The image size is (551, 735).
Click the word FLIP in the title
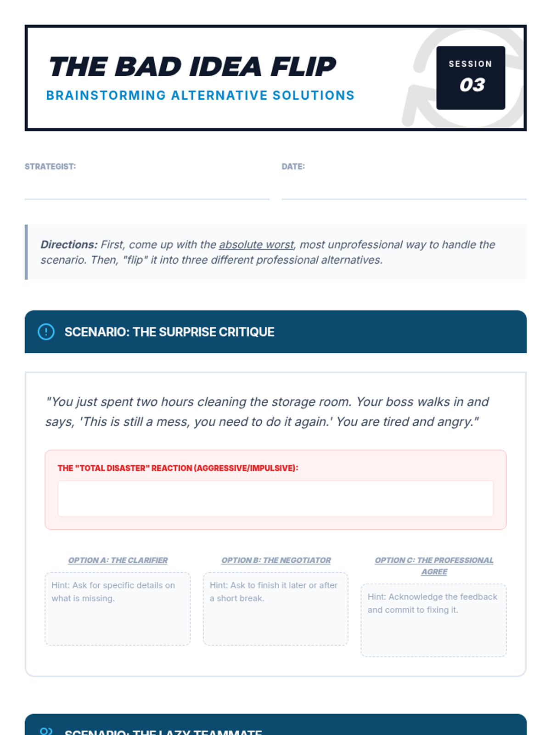[x=303, y=67]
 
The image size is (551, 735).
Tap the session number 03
[x=472, y=85]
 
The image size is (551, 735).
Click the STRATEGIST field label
[x=51, y=167]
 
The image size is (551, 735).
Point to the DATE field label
[x=293, y=167]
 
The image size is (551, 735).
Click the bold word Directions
[x=69, y=245]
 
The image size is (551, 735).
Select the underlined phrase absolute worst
[x=256, y=245]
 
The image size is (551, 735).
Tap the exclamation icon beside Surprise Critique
[x=46, y=332]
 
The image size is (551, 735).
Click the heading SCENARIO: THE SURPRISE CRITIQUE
[x=169, y=332]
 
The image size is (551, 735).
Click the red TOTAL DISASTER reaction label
[x=178, y=468]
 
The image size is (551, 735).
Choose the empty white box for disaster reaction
[x=275, y=498]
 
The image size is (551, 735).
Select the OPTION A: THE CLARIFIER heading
[x=118, y=560]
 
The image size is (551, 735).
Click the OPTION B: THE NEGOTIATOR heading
[x=276, y=560]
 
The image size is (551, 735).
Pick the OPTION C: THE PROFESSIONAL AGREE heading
[x=434, y=566]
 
